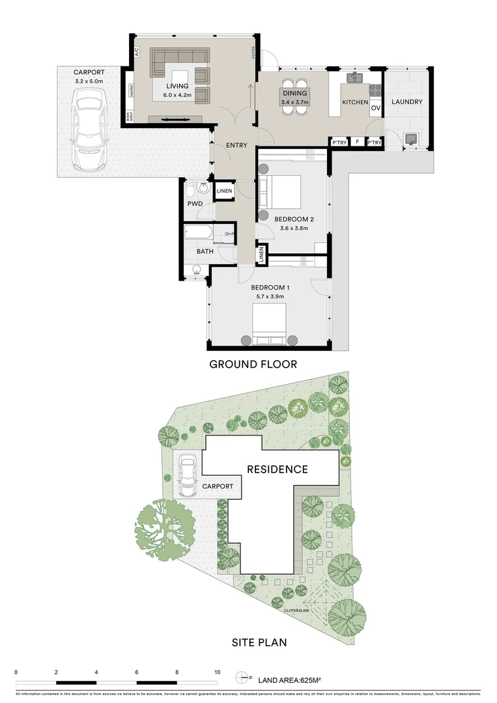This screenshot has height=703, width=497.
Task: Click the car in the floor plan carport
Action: click(90, 128)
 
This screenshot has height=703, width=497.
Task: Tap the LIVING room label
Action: click(177, 86)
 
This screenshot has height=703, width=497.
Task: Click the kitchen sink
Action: click(355, 78)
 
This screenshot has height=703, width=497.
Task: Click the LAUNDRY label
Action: click(406, 102)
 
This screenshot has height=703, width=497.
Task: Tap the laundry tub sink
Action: click(411, 139)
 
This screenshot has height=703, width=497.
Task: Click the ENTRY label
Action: click(236, 145)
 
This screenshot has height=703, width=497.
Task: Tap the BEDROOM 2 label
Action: click(294, 219)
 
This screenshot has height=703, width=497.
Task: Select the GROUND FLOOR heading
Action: click(253, 365)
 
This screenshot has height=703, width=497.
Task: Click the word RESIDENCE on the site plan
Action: click(277, 469)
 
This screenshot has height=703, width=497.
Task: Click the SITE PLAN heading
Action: click(259, 642)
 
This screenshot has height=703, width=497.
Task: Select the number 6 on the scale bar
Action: click(137, 672)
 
